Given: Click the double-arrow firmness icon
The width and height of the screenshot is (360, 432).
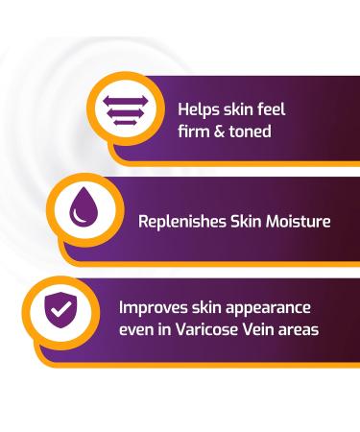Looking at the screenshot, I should [122, 108].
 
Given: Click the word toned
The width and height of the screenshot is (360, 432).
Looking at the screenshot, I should [250, 132].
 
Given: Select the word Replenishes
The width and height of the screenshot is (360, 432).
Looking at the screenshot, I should [180, 222].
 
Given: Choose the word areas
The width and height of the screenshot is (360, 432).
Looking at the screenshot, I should [304, 330].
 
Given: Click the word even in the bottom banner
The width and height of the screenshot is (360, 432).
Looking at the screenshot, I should [136, 330].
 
